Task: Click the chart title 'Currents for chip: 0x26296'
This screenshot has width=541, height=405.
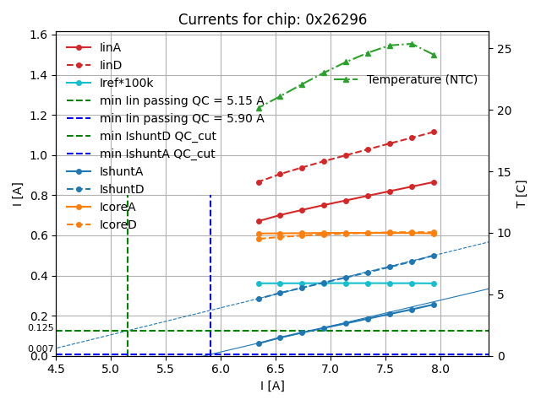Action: [272, 19]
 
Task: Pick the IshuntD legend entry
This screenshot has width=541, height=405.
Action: [122, 189]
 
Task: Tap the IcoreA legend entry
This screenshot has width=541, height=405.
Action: [117, 207]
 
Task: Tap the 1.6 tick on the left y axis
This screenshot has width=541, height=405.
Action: [39, 35]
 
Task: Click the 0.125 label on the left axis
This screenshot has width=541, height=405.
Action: [40, 327]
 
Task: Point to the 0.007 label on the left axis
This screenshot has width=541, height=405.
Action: [40, 348]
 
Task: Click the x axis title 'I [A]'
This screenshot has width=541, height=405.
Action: [271, 386]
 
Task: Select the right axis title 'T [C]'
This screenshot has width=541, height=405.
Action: [521, 193]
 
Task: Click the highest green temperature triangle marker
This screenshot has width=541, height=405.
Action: [412, 44]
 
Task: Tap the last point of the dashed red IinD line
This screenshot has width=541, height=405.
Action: [434, 132]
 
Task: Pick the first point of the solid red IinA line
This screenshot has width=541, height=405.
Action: [259, 221]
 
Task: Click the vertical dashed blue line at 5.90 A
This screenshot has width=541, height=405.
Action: [210, 270]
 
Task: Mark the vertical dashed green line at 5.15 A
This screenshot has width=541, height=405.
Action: [128, 270]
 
